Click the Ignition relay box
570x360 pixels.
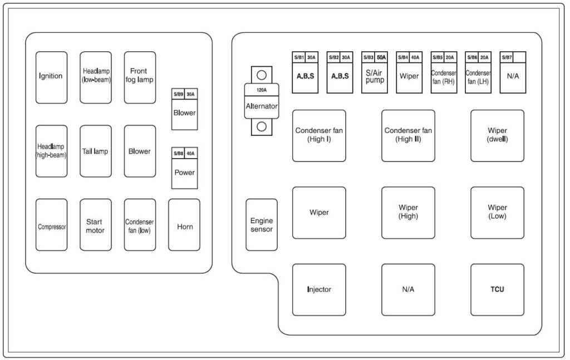coord(51,77)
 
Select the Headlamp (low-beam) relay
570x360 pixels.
coord(96,77)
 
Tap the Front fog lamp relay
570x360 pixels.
coord(140,77)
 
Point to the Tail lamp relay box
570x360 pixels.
coord(96,151)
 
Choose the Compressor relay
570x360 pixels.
coord(51,225)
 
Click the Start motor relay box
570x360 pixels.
coord(96,225)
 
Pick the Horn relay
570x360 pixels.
coord(184,225)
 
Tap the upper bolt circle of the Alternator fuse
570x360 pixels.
coord(262,75)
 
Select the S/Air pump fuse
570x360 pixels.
coord(375,77)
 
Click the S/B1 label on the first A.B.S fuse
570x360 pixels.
coord(298,57)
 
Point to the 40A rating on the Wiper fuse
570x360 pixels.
coord(415,57)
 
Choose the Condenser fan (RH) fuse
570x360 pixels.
coord(444,77)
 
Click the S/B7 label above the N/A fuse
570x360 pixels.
coord(507,57)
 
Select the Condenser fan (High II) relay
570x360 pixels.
coord(408,135)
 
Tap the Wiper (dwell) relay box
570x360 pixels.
coord(497,135)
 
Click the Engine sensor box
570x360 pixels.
coord(262,225)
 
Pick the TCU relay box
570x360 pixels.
coord(497,289)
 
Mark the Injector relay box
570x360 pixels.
coord(319,289)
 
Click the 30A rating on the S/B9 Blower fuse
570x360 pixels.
coord(191,93)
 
